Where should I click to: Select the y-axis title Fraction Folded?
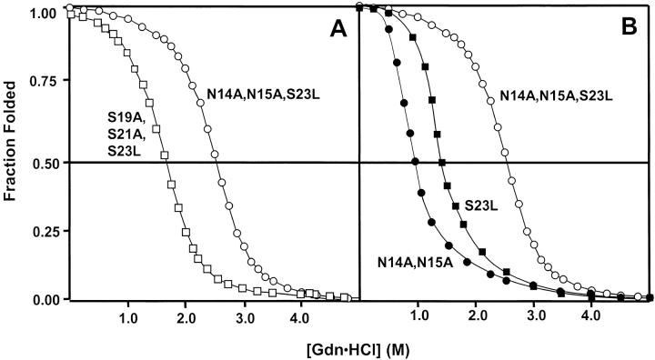coord(12,149)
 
